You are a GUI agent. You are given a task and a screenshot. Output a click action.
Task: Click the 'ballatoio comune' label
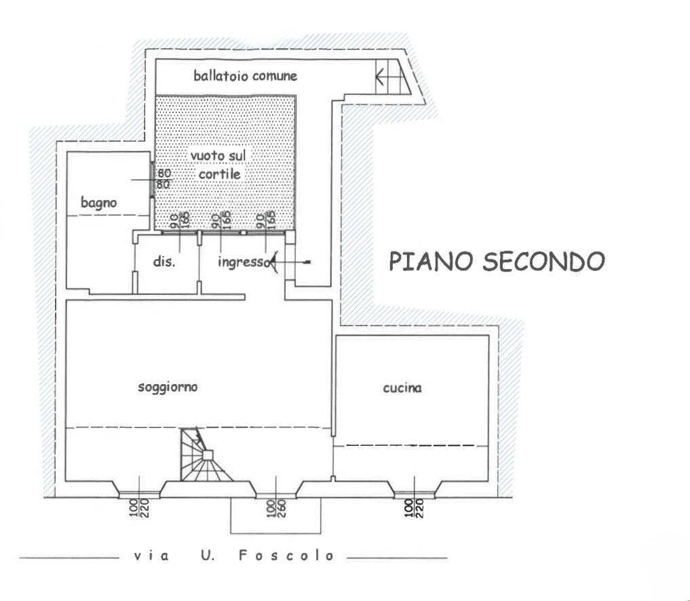(245, 75)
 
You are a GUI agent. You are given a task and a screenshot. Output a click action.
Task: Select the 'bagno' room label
(99, 202)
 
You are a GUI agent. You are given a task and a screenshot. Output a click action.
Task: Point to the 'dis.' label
(164, 262)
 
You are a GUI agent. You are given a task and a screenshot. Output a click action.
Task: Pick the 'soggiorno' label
(168, 388)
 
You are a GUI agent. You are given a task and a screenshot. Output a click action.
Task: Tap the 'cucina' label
(402, 388)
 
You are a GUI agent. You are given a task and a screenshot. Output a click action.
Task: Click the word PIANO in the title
(432, 261)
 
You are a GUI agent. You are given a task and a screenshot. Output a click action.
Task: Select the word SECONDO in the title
(543, 261)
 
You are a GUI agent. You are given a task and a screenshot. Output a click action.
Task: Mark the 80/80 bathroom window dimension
(164, 179)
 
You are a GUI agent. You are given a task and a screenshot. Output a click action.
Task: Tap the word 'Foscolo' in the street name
(287, 556)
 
